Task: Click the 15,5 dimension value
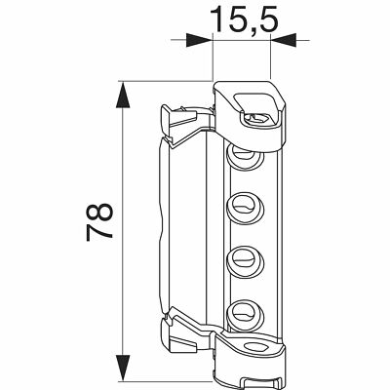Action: [245, 19]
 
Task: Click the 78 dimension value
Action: [99, 222]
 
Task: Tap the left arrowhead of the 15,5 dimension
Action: [199, 40]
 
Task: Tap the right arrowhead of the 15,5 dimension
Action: [284, 40]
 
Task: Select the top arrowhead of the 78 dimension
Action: [123, 95]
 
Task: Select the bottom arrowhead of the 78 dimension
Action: [123, 368]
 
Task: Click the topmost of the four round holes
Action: [245, 157]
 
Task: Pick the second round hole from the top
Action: [245, 208]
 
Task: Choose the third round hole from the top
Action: [245, 262]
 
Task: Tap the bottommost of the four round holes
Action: [245, 316]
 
